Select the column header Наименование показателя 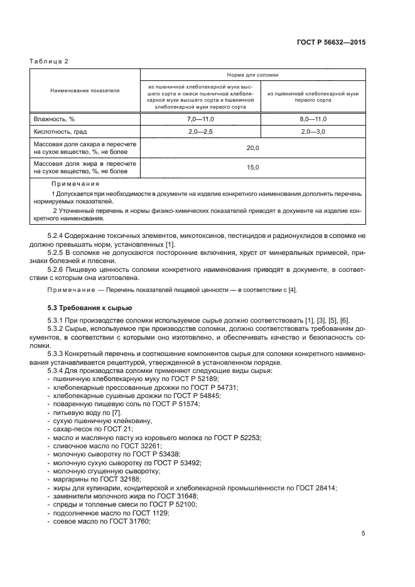[85, 90]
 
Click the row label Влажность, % [54, 119]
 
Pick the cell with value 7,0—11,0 [200, 119]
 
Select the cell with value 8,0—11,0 [313, 119]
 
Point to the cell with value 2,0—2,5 [200, 132]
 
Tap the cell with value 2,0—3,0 [313, 132]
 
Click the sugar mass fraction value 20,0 [252, 148]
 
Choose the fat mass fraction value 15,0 [252, 167]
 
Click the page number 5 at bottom [364, 534]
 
